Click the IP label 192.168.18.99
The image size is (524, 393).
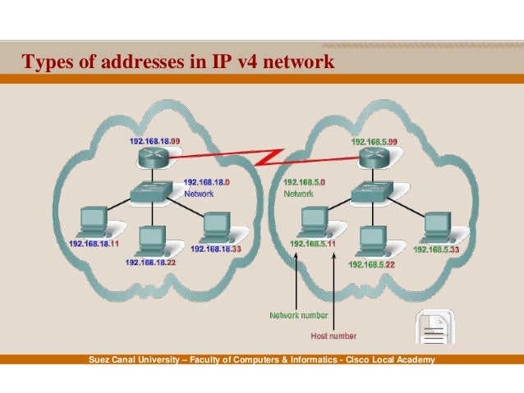154,141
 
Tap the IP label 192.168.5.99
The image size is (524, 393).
375,141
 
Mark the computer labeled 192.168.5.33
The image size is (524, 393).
435,227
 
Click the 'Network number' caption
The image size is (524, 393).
299,315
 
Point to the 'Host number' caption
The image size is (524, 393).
333,336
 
